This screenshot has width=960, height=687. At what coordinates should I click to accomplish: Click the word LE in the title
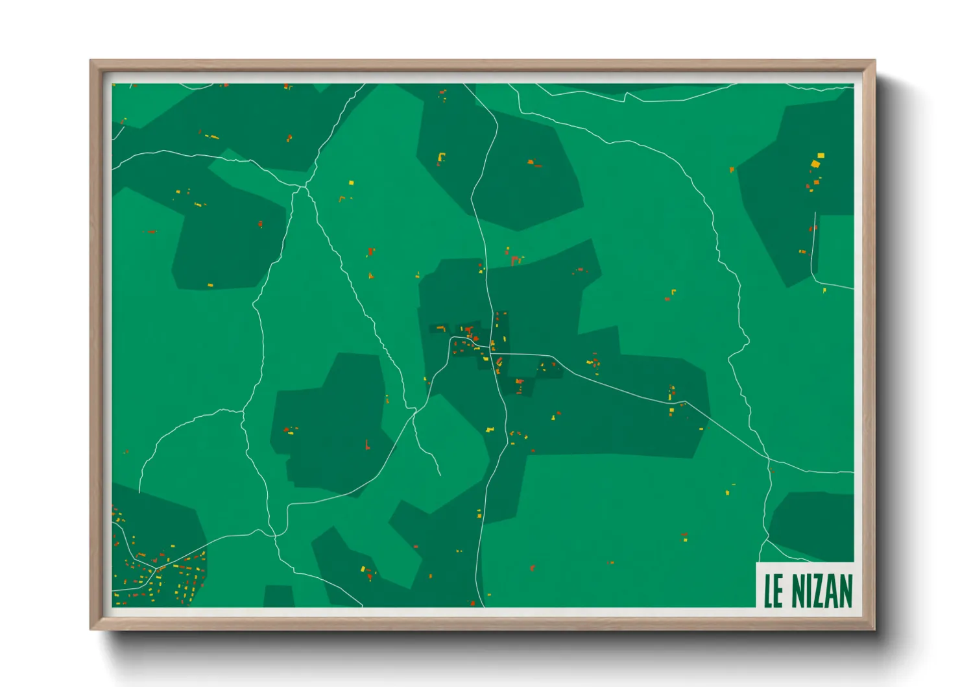coord(774,590)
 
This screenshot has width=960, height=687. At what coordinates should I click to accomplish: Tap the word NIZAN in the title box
coord(822,590)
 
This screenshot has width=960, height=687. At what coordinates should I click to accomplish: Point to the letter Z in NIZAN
coord(821,590)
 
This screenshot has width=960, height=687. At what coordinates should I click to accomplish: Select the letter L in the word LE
coord(769,590)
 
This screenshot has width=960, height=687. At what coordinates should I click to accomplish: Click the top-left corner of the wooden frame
coord(91,60)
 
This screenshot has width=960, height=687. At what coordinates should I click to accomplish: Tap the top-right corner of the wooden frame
coord(875,60)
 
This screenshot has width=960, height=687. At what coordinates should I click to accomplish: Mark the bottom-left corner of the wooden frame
coord(91,629)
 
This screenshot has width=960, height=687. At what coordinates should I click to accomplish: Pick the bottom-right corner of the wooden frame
coord(875,629)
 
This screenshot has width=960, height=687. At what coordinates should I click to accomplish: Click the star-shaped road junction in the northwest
coord(302,187)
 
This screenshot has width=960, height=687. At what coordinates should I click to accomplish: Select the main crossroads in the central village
coord(491,354)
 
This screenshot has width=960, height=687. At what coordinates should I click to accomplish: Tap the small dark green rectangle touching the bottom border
coord(279,596)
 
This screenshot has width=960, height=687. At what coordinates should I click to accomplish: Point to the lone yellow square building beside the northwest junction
coord(352,183)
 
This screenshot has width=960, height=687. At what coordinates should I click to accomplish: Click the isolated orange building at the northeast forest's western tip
coord(732,169)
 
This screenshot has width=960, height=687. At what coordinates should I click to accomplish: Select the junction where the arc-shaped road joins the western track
coord(243,411)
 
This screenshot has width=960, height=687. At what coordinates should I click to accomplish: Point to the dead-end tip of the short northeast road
coord(815,212)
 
